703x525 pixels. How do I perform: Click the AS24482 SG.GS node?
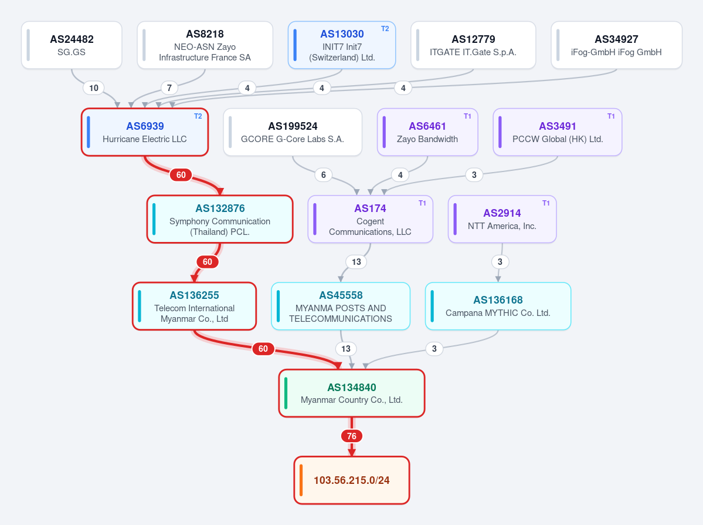[x=72, y=45]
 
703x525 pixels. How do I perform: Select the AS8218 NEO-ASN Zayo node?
[x=205, y=45]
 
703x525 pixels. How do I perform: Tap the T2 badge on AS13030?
[x=385, y=29]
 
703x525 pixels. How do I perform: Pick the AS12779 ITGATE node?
[x=473, y=45]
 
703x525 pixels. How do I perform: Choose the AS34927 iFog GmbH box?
[x=616, y=45]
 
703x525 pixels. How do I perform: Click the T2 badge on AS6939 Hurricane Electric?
[x=198, y=116]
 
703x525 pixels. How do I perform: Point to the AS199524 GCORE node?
[x=293, y=132]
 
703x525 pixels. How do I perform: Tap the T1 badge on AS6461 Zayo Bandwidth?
[x=467, y=116]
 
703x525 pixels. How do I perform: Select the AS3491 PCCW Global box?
[x=557, y=132]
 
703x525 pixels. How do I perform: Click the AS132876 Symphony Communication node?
[x=220, y=219]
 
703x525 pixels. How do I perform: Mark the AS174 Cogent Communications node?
[x=371, y=219]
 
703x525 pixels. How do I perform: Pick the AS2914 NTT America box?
[x=502, y=219]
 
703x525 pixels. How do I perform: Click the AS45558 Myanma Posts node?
[x=341, y=307]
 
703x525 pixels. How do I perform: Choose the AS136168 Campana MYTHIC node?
[x=498, y=307]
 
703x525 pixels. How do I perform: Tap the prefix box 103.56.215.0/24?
[x=352, y=480]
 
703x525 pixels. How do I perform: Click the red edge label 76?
[x=352, y=436]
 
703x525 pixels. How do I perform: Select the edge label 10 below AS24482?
[x=94, y=88]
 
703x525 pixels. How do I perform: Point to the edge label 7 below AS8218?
[x=169, y=88]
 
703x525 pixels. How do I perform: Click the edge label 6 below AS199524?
[x=324, y=174]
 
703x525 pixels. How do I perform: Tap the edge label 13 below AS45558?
[x=346, y=349]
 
